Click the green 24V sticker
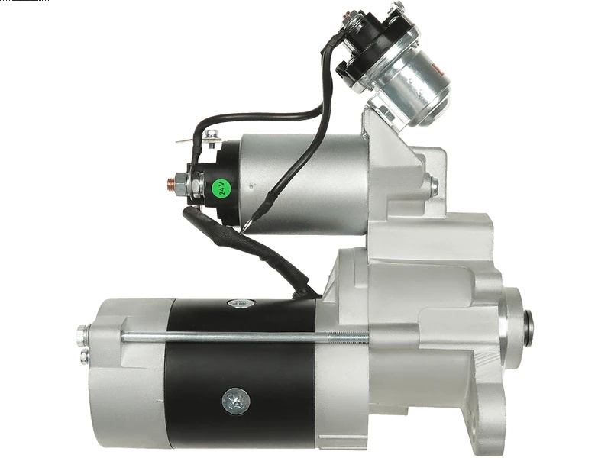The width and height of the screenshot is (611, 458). pos(221,188)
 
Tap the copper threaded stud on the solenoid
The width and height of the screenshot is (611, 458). pos(170,183)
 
